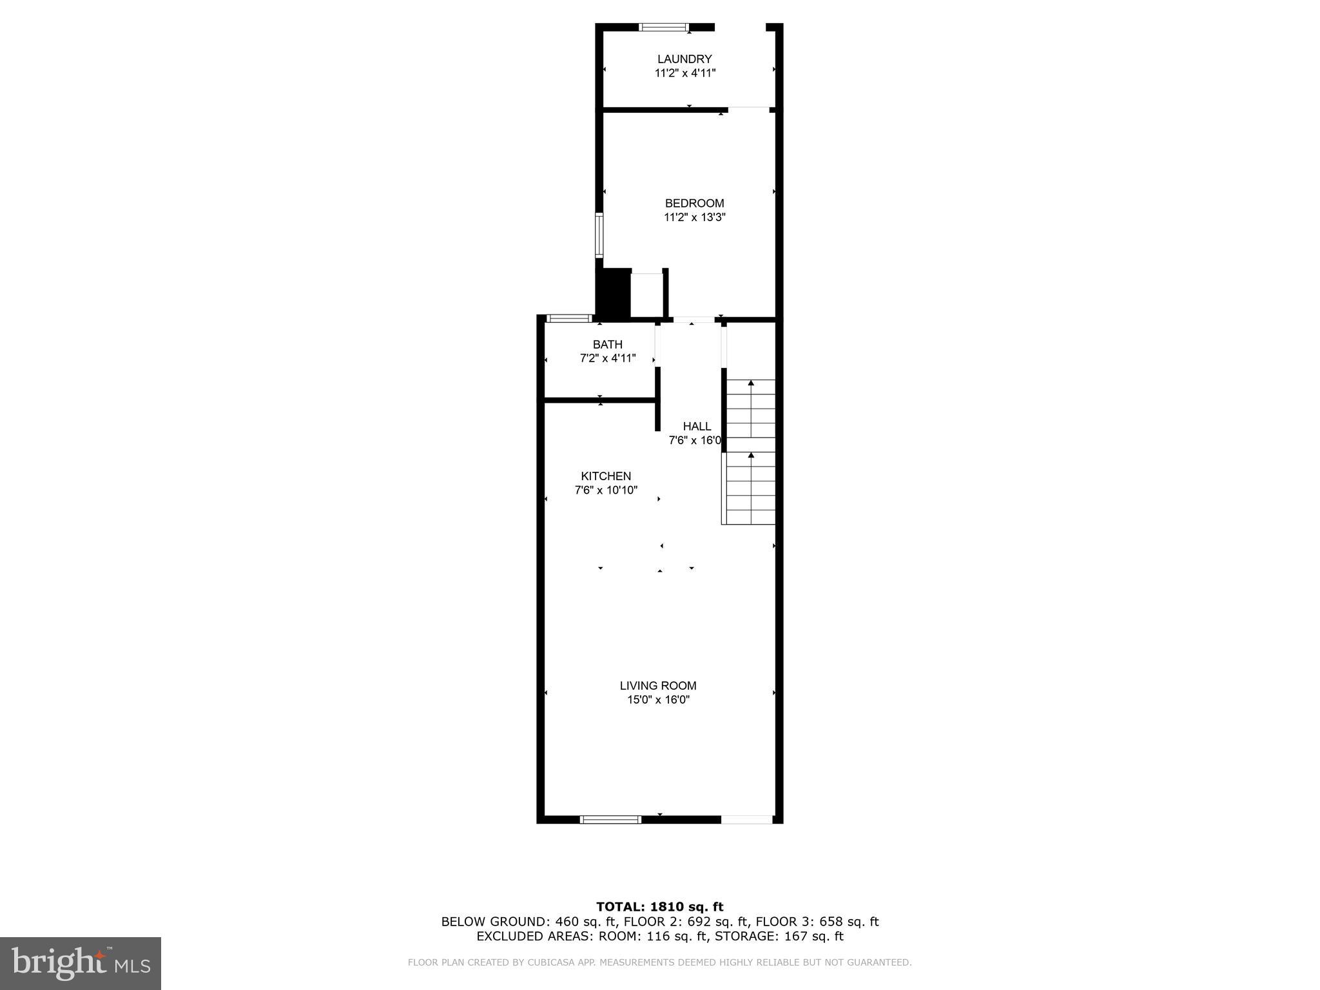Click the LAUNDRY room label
[684, 59]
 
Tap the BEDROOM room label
[694, 204]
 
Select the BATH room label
[607, 345]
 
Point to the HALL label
[697, 427]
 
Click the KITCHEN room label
[606, 476]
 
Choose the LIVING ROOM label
[658, 686]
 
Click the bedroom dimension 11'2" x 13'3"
[694, 218]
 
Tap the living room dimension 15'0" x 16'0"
[658, 700]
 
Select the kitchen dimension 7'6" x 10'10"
[606, 490]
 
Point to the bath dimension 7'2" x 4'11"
[607, 358]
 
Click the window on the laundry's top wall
[664, 27]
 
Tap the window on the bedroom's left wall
[599, 235]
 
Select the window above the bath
[569, 318]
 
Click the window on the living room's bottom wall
[610, 820]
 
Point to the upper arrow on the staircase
[751, 383]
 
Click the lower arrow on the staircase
[751, 455]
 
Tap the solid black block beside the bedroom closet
[612, 294]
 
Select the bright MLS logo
[81, 963]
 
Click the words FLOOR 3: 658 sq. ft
[817, 922]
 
